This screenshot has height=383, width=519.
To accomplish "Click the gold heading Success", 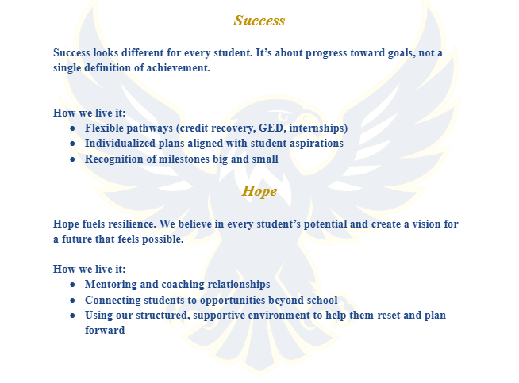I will click(x=259, y=21).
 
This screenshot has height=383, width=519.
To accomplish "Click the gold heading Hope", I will click(x=259, y=191).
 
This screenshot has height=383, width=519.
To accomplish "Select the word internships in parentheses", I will click(x=317, y=128).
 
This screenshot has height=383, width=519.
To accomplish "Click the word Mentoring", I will click(x=111, y=285).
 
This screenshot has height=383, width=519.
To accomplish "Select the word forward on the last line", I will click(x=105, y=330).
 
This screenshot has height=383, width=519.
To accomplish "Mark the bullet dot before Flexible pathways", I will click(x=73, y=128).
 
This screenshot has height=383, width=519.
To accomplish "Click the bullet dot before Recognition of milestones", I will click(x=73, y=159).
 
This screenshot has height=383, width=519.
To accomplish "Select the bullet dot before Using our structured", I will click(x=73, y=316).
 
